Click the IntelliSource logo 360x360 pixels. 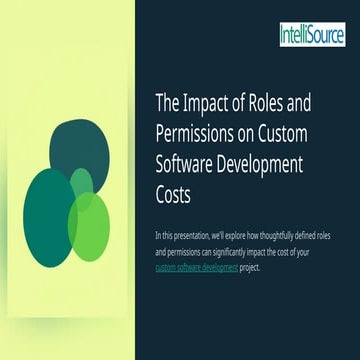click(x=313, y=36)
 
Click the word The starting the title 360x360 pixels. click(x=167, y=102)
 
